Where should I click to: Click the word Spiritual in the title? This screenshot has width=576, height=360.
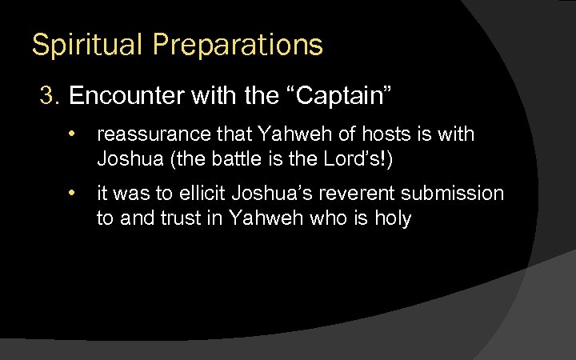[79, 45]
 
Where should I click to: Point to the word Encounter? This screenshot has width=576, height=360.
[129, 97]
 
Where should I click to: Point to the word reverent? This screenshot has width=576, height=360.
[342, 194]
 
